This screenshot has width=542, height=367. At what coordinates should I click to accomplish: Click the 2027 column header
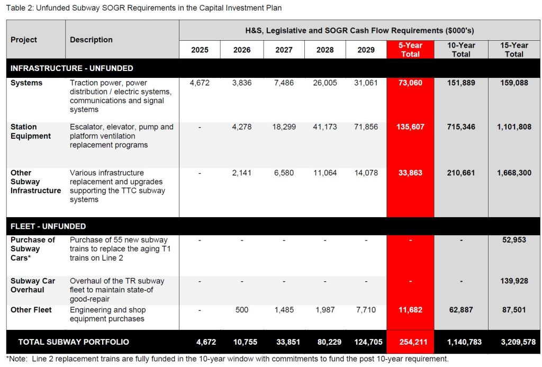click(x=284, y=50)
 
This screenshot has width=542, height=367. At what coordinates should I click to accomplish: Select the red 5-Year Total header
click(x=410, y=50)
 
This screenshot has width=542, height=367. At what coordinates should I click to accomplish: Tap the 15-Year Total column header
click(x=514, y=50)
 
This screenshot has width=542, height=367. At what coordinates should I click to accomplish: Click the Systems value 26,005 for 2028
click(x=325, y=83)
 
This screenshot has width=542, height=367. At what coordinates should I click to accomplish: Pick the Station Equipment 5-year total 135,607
click(x=410, y=127)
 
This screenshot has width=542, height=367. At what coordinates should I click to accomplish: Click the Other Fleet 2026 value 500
click(x=242, y=310)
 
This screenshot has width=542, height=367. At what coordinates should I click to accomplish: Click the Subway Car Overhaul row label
click(x=33, y=285)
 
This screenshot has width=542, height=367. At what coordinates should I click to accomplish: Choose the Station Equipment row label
click(x=31, y=131)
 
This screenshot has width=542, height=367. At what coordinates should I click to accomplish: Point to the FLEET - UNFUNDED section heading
click(x=48, y=226)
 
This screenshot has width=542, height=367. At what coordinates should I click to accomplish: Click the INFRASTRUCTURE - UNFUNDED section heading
click(x=72, y=68)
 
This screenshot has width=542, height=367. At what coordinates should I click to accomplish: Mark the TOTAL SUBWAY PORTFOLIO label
click(x=74, y=342)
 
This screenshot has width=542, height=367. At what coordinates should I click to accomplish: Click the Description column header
click(x=91, y=40)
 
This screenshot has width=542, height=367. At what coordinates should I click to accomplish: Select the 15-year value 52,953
click(x=514, y=240)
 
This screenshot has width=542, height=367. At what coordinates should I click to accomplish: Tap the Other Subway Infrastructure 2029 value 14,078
click(x=366, y=173)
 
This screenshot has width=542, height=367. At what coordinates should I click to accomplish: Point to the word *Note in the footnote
click(x=16, y=359)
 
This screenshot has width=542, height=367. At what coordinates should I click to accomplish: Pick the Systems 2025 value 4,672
click(x=200, y=83)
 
